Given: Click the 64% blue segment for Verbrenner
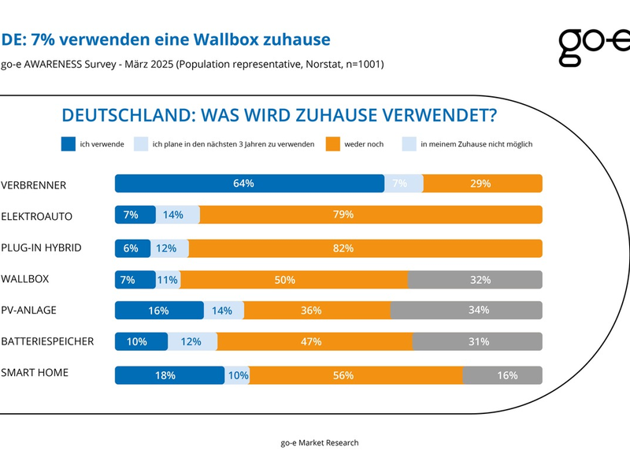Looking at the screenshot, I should tap(249, 184).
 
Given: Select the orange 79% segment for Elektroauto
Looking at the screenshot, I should tap(370, 215).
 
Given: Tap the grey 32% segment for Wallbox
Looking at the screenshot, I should tap(475, 279).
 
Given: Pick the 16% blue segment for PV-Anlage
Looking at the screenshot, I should tap(159, 311).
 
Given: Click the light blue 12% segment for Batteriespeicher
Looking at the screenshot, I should tap(192, 342).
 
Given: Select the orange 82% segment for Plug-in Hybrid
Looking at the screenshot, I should tap(365, 248).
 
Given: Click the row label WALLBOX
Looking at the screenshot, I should tap(24, 279).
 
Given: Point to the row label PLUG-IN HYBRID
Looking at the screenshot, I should tap(41, 247).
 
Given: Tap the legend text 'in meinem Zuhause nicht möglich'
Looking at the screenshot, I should tap(476, 144).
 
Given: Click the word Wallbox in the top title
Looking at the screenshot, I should tap(240, 39).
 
